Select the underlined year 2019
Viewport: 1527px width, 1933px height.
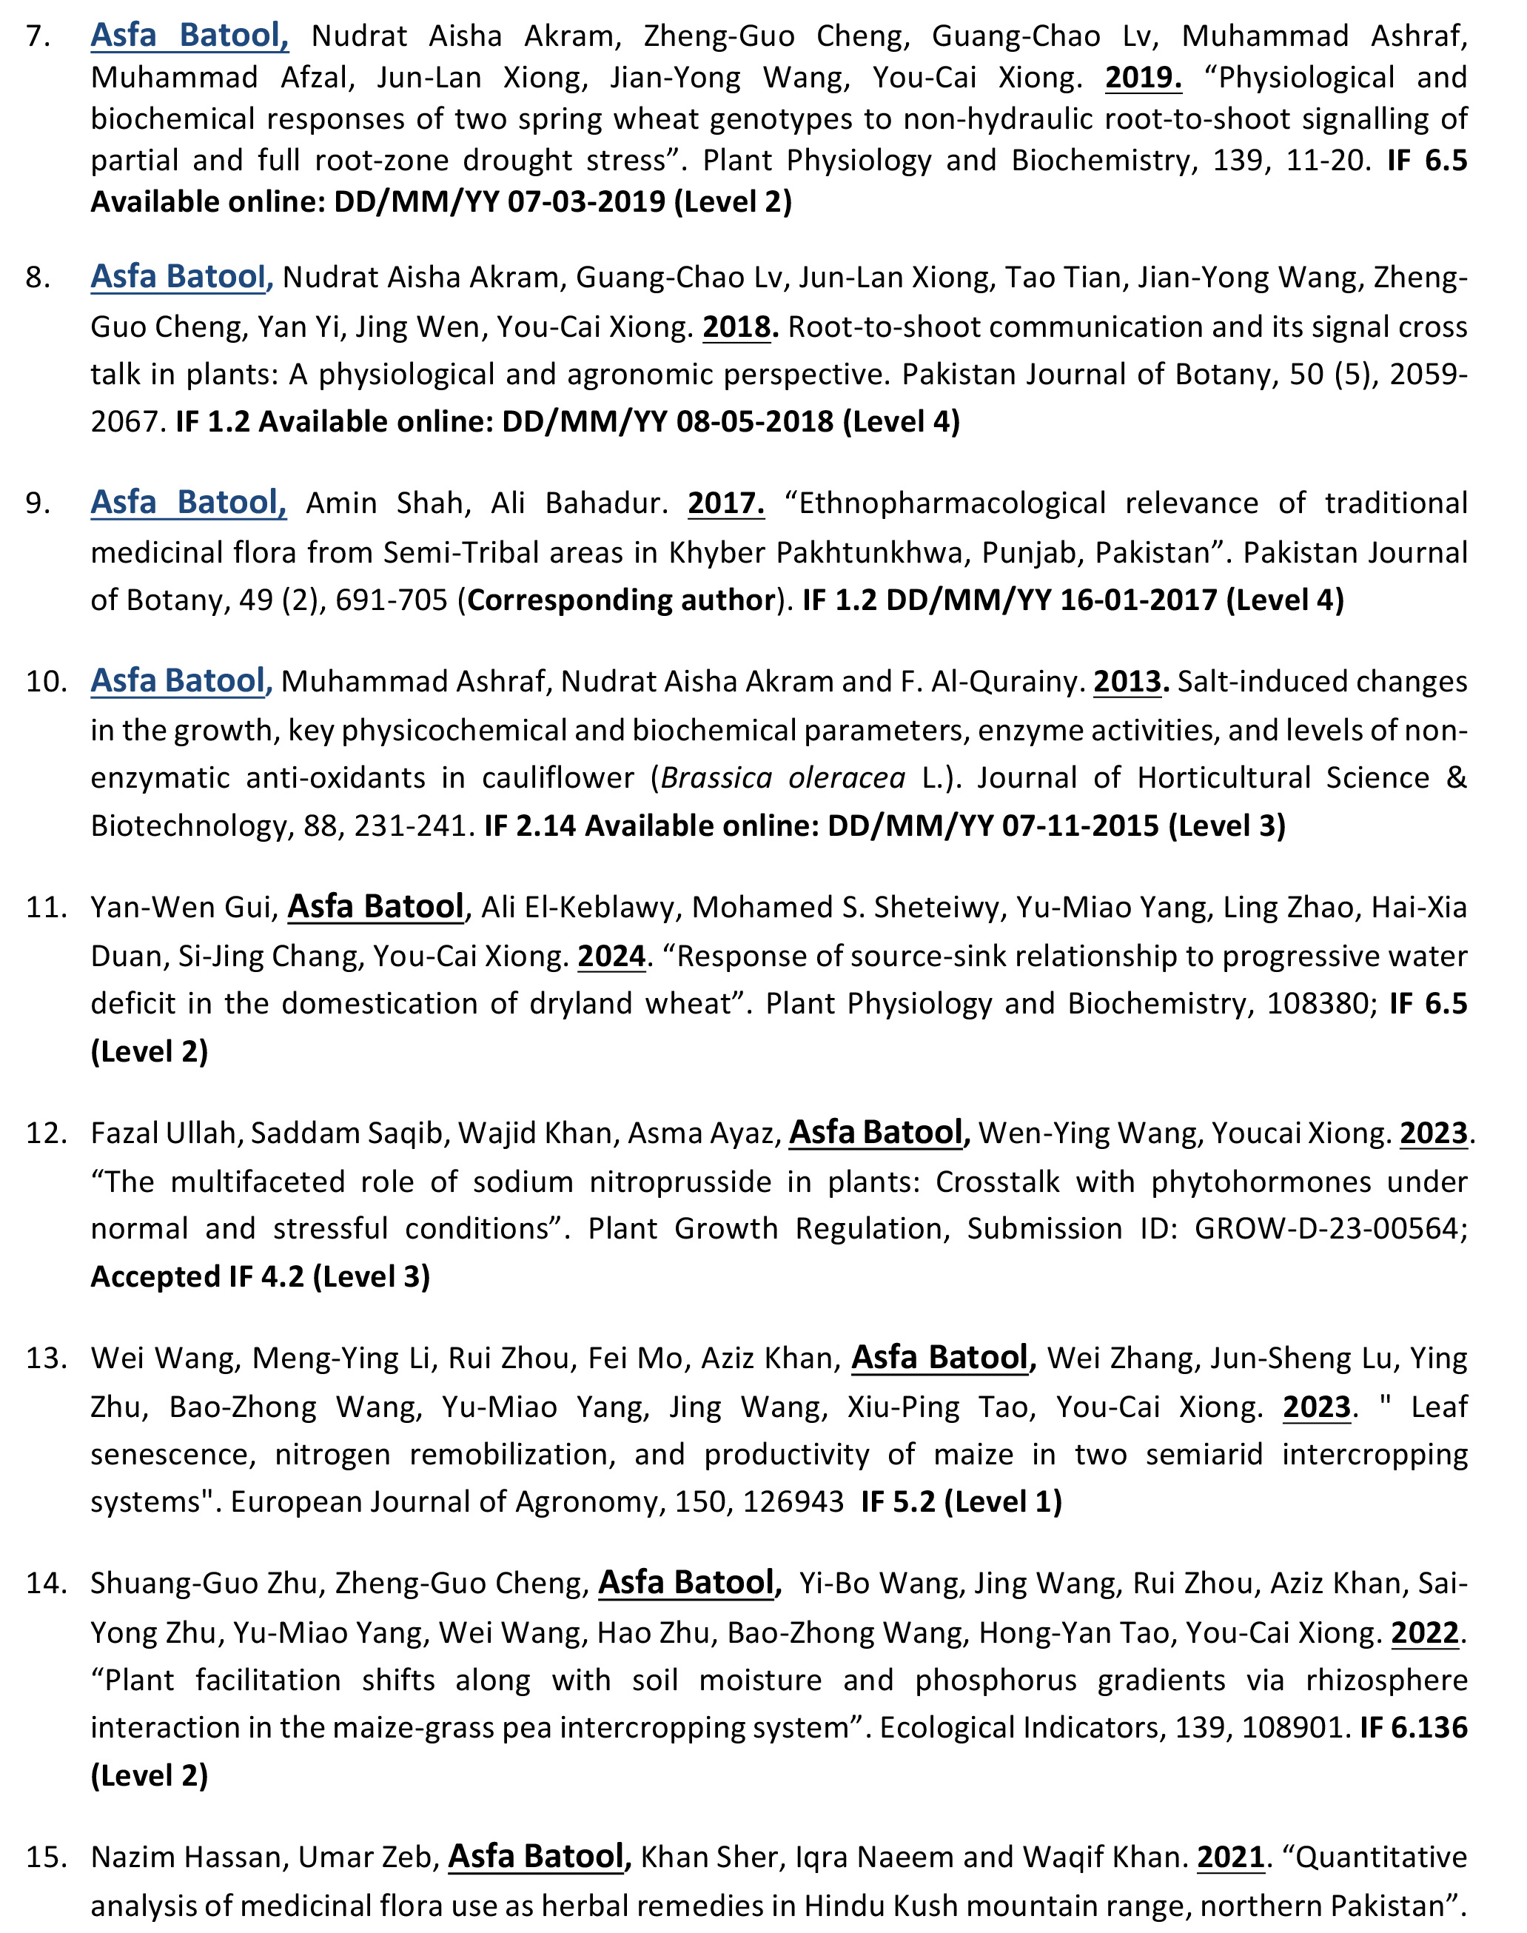[x=1143, y=78]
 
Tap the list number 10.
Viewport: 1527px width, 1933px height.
[x=47, y=681]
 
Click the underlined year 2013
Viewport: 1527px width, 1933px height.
[x=1130, y=681]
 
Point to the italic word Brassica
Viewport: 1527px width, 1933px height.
[x=716, y=778]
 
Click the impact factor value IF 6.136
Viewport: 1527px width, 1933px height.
[x=1412, y=1727]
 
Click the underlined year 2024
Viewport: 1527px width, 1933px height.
[x=611, y=956]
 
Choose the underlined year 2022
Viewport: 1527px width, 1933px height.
[x=1425, y=1632]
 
